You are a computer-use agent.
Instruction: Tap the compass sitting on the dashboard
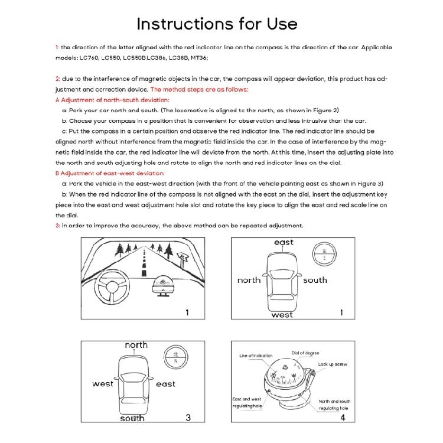coord(162,286)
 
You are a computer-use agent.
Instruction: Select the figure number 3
coord(188,417)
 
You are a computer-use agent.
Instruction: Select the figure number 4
coord(342,417)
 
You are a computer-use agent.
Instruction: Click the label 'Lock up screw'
coord(333,364)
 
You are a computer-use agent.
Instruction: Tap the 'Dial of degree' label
coord(305,353)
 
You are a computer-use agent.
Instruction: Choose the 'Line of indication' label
coord(256,356)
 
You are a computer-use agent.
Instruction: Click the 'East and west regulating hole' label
coord(247,402)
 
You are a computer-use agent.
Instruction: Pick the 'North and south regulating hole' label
coord(334,405)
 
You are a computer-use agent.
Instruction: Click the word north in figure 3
coord(136,345)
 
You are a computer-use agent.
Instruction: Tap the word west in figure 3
coord(103,384)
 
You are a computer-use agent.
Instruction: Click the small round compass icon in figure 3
coord(175,356)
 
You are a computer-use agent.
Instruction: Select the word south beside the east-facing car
coord(315,280)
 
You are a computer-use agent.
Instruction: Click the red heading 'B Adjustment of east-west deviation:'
coord(110,173)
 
